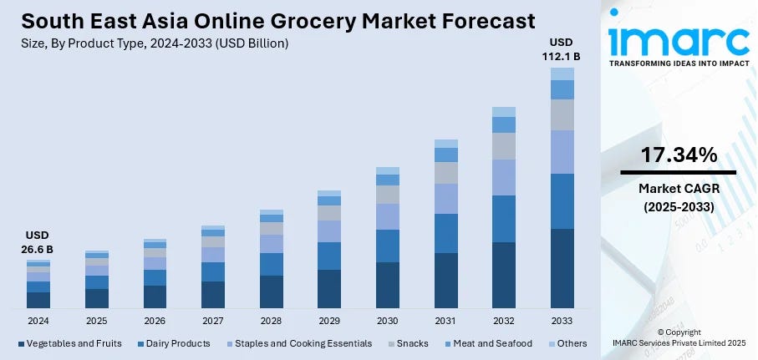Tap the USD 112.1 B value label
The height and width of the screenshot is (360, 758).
pyautogui.click(x=562, y=49)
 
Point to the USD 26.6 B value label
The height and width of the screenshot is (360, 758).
pyautogui.click(x=37, y=243)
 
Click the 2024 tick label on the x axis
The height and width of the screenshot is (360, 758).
pyautogui.click(x=38, y=321)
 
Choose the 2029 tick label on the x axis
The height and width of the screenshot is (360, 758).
pyautogui.click(x=328, y=321)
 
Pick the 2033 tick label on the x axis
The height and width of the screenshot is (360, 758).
pyautogui.click(x=562, y=321)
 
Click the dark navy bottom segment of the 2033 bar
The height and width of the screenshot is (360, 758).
pyautogui.click(x=562, y=268)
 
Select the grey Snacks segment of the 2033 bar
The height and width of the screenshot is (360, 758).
pyautogui.click(x=562, y=114)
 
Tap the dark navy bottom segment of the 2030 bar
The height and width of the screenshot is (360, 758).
pyautogui.click(x=387, y=285)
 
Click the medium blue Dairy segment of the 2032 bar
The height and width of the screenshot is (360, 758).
pyautogui.click(x=503, y=218)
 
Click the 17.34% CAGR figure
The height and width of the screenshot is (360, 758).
pyautogui.click(x=679, y=155)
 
